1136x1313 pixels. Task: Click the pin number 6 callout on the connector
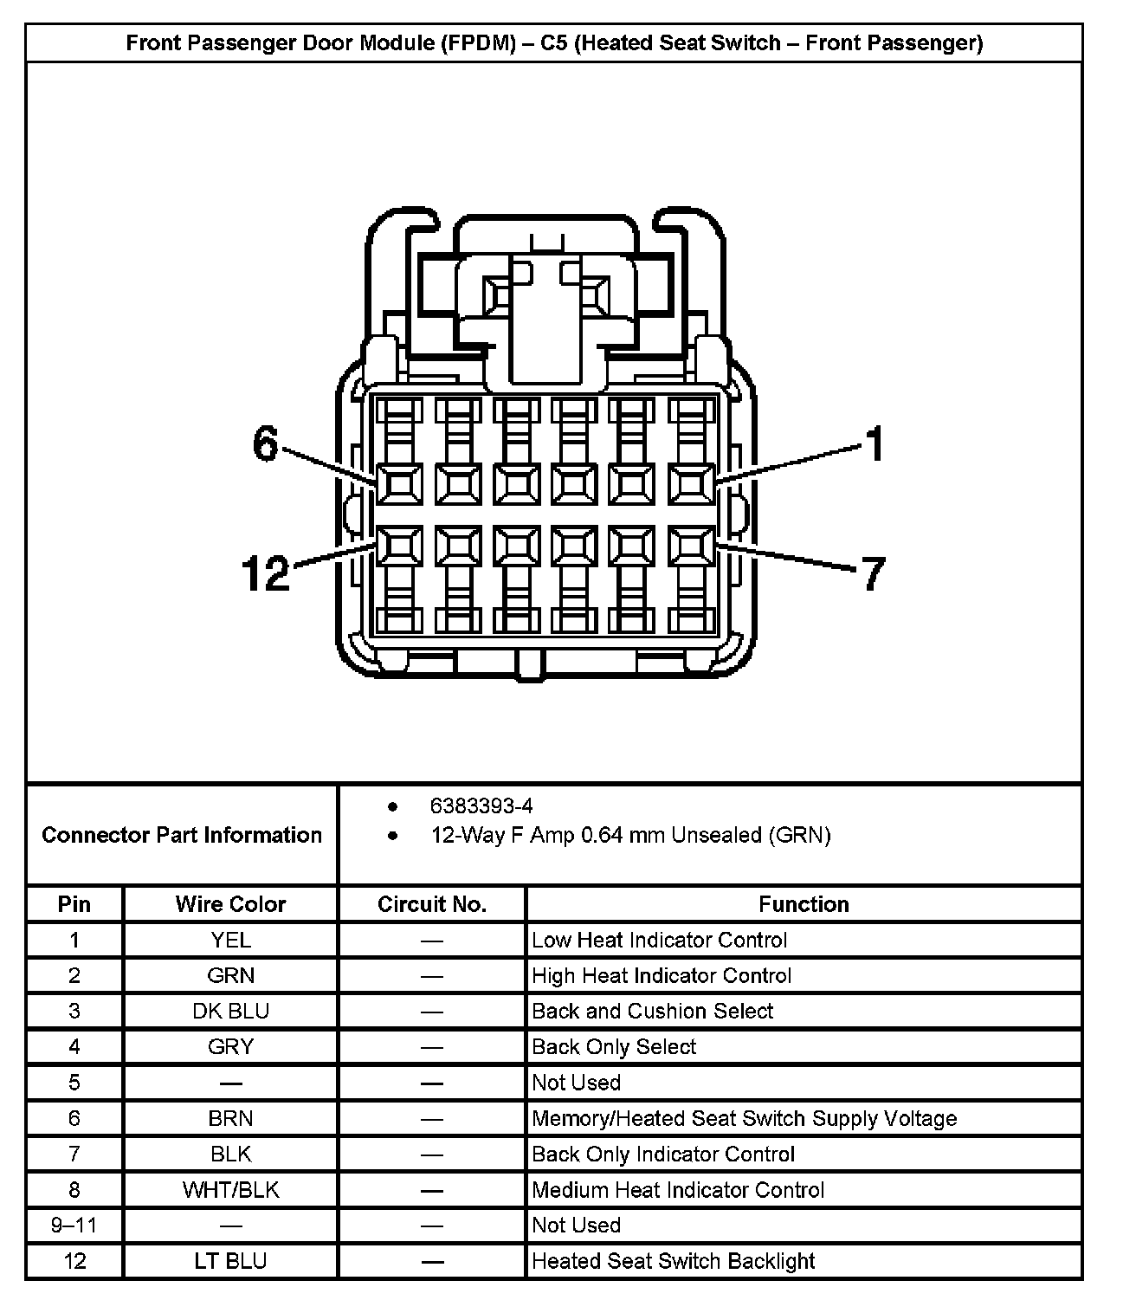click(x=265, y=444)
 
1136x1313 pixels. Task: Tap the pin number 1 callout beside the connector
click(x=875, y=443)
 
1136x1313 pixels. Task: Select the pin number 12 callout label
click(x=266, y=573)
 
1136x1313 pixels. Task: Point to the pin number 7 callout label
click(x=874, y=573)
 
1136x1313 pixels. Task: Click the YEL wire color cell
click(x=230, y=940)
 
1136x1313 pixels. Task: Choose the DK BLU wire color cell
click(x=230, y=1011)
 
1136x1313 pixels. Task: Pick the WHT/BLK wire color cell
click(x=230, y=1189)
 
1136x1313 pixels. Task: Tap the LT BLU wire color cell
click(x=230, y=1260)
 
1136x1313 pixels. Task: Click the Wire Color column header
click(x=230, y=904)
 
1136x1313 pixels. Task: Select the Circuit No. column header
click(x=432, y=904)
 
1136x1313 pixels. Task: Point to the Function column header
click(x=804, y=904)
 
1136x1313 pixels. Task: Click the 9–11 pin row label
click(x=74, y=1225)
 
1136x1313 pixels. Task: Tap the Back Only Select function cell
click(x=614, y=1046)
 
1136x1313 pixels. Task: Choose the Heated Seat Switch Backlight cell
click(x=673, y=1260)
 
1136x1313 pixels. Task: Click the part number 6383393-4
click(x=481, y=806)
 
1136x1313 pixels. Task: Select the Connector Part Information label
click(x=182, y=835)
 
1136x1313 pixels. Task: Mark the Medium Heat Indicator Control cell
click(x=677, y=1189)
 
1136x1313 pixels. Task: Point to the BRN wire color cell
click(x=230, y=1118)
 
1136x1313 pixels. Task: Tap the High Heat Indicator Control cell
click(x=662, y=975)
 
